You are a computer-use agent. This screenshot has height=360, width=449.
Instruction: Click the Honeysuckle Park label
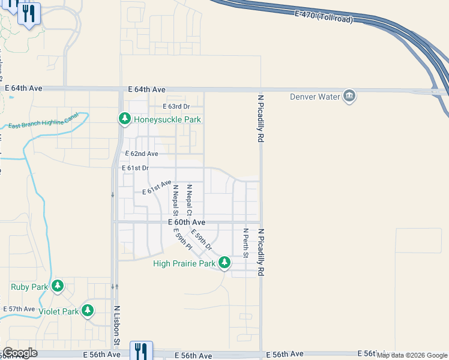[167, 119]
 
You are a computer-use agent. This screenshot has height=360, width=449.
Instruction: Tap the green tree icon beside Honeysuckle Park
[124, 119]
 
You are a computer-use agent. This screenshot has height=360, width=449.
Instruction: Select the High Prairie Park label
[184, 263]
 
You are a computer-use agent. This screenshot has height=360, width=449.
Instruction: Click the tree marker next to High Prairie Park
[224, 262]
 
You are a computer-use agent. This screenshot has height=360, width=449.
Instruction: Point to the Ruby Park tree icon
[58, 286]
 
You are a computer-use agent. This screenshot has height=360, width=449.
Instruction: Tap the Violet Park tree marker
[88, 311]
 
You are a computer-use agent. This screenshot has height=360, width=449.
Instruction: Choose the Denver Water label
[315, 96]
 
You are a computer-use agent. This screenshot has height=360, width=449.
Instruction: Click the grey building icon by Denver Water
[349, 95]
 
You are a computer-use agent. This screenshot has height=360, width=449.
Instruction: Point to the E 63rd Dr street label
[176, 107]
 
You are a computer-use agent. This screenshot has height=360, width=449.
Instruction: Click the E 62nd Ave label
[141, 154]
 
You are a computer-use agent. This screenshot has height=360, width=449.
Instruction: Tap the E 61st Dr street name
[135, 169]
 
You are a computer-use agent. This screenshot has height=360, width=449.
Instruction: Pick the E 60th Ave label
[186, 222]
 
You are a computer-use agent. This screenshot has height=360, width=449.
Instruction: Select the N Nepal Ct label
[188, 200]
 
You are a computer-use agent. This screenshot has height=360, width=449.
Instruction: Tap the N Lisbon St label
[118, 325]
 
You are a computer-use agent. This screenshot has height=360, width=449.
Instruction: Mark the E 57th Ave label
[19, 309]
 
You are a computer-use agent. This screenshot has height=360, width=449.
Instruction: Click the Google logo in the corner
[19, 353]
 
